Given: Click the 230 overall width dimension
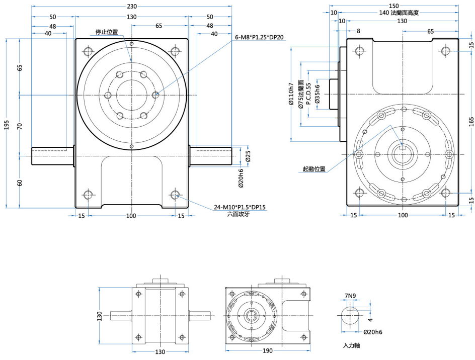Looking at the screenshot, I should (x=131, y=7).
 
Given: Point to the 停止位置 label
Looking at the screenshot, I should (x=107, y=32).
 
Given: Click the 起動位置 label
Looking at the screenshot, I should (x=314, y=169).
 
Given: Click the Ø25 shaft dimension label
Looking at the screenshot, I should (x=248, y=157).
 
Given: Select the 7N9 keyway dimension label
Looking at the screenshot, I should (x=350, y=295).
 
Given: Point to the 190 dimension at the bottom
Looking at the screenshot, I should (x=267, y=351).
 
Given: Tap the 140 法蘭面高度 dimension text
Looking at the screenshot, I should (x=399, y=13).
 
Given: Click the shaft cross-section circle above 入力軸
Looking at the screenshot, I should (x=350, y=315).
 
